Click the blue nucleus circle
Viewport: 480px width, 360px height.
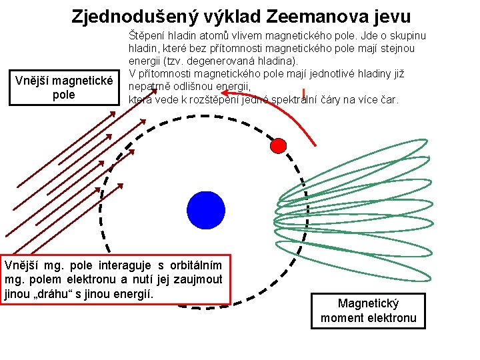click(206, 209)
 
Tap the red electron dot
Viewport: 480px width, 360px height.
click(279, 145)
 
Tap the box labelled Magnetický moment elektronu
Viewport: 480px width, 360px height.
click(368, 310)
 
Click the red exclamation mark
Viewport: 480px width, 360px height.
click(303, 93)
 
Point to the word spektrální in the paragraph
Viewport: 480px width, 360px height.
click(319, 99)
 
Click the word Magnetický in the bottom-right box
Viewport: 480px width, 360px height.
click(368, 303)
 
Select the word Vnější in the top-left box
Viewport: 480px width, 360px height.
click(32, 81)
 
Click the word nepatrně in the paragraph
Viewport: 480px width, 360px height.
click(149, 86)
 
